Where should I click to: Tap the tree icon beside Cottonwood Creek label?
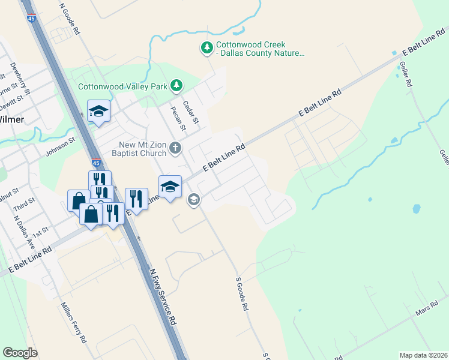(x=207, y=47)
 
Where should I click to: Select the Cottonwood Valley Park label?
(x=122, y=86)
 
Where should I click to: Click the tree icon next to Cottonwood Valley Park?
(x=176, y=86)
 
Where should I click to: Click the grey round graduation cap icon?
(x=193, y=199)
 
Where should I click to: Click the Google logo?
(x=20, y=353)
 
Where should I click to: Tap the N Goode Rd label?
(x=70, y=17)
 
